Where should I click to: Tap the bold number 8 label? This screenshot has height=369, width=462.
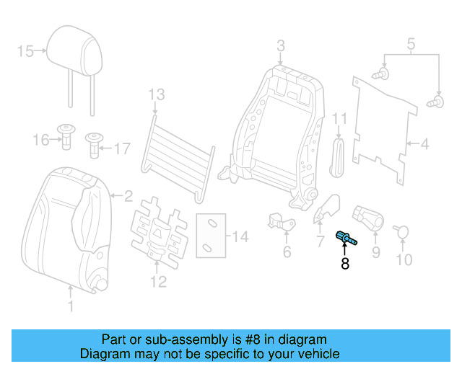[x=345, y=264]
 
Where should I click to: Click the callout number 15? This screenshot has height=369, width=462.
[x=25, y=50]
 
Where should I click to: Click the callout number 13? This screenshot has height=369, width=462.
[x=156, y=94]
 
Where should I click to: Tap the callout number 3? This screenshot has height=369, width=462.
[x=281, y=46]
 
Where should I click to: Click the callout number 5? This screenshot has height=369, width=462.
[x=410, y=44]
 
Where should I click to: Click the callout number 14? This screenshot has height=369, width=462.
[x=240, y=236]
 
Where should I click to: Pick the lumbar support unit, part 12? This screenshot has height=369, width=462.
[x=154, y=231]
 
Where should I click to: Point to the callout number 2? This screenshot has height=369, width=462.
[x=128, y=195]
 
